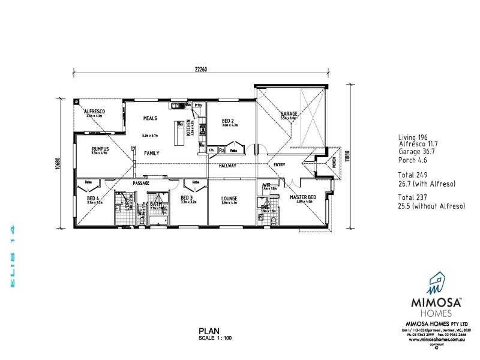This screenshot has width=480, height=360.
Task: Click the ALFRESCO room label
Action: (x=94, y=112)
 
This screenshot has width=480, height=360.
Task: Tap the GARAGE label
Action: (x=289, y=114)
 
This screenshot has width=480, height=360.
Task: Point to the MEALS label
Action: (x=150, y=118)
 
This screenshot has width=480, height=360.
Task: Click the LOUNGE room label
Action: (x=229, y=198)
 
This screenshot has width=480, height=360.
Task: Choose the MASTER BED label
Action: (x=302, y=197)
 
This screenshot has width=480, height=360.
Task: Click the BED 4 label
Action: (x=93, y=198)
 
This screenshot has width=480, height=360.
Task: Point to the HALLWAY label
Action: (x=227, y=166)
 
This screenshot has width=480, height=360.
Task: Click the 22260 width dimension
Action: (x=200, y=70)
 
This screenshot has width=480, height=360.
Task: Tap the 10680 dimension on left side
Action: (x=56, y=163)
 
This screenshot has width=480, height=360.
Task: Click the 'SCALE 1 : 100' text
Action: (x=215, y=338)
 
